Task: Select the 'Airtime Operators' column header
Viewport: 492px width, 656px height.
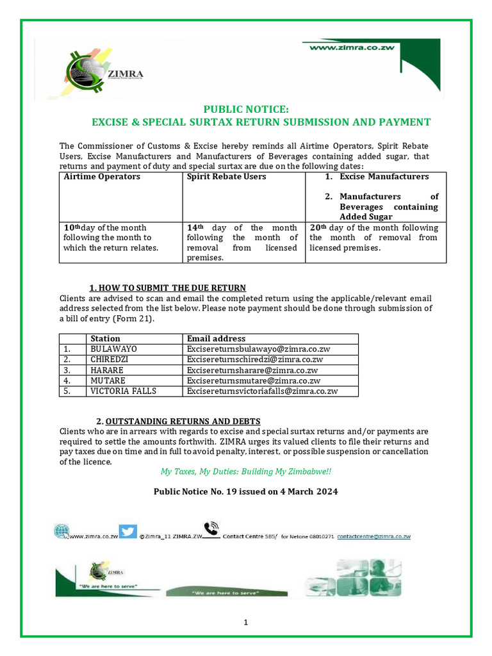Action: point(102,176)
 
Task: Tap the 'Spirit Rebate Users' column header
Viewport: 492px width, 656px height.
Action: point(226,176)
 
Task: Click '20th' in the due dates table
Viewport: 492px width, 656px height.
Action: point(317,228)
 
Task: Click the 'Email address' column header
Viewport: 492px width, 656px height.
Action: point(216,338)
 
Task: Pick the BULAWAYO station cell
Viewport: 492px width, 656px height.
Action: point(113,349)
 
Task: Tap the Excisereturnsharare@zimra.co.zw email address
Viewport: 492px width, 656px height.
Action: point(252,370)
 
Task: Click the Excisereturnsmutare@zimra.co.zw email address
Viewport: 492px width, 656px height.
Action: point(254,380)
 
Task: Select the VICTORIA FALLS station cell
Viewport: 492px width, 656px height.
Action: point(123,391)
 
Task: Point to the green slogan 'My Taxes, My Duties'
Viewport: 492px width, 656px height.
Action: point(246,471)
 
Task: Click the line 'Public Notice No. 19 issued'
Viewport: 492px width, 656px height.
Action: point(245,491)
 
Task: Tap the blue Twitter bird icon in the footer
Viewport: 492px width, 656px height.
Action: point(128,531)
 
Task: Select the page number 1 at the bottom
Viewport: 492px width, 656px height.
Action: point(245,622)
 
